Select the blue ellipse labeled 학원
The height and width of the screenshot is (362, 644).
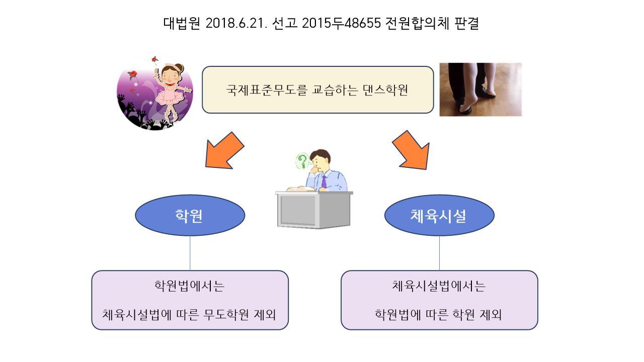point(190,216)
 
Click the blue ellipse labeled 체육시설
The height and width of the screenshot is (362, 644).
point(439,216)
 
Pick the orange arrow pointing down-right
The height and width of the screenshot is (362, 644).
point(412,149)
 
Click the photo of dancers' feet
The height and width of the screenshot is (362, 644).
point(480,89)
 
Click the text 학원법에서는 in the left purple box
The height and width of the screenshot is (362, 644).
point(189,287)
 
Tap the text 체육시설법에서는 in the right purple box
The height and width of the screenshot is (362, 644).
point(439,287)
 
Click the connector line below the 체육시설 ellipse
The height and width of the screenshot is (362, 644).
point(439,253)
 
